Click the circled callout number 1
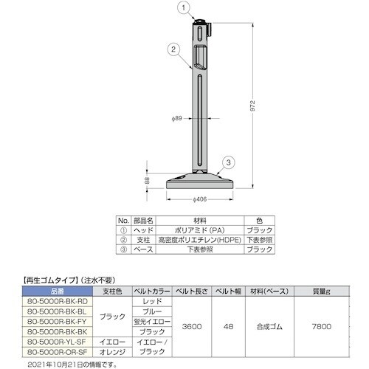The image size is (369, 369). pyautogui.click(x=184, y=8)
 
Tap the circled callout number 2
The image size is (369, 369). pyautogui.click(x=173, y=49)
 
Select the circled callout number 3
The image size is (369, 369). pyautogui.click(x=228, y=162)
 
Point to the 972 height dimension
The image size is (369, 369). pyautogui.click(x=252, y=106)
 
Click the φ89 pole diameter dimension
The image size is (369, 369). pyautogui.click(x=177, y=118)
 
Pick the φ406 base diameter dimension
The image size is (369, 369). pyautogui.click(x=199, y=199)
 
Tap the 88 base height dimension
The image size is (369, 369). pyautogui.click(x=147, y=181)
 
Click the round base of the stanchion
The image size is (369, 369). pyautogui.click(x=200, y=181)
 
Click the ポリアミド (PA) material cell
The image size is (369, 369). pyautogui.click(x=200, y=230)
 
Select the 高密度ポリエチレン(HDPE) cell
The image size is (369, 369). pyautogui.click(x=200, y=240)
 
